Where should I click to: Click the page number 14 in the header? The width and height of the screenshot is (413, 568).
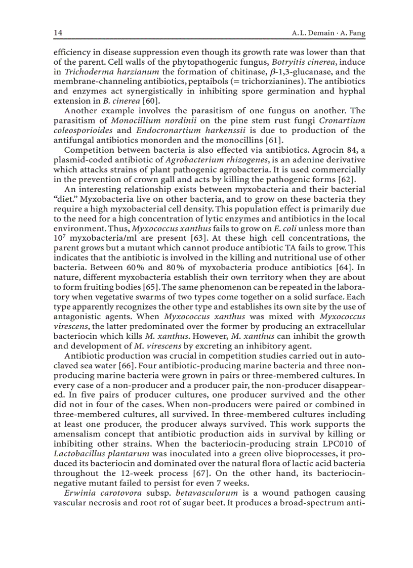point(58,33)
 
